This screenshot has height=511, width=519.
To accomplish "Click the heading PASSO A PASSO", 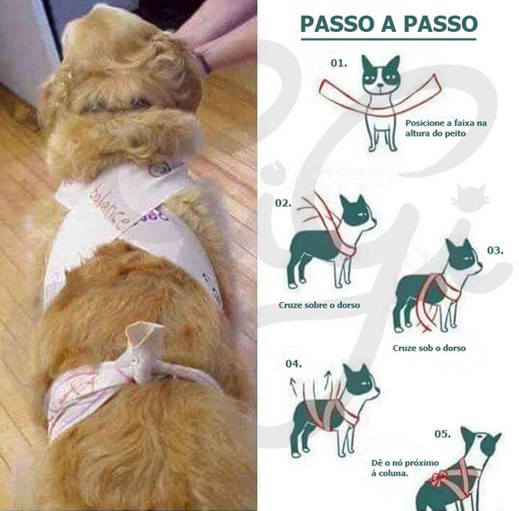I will pos(388,23).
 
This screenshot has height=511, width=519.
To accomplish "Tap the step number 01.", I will pos(339,63).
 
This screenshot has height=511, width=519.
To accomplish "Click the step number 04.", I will pos(294,363).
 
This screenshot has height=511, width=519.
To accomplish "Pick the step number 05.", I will pos(443,434).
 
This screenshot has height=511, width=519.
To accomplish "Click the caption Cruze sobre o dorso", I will pos(320,305).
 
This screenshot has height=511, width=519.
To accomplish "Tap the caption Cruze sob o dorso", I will pos(429,348).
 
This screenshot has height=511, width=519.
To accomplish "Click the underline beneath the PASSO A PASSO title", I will pos(388,39).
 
